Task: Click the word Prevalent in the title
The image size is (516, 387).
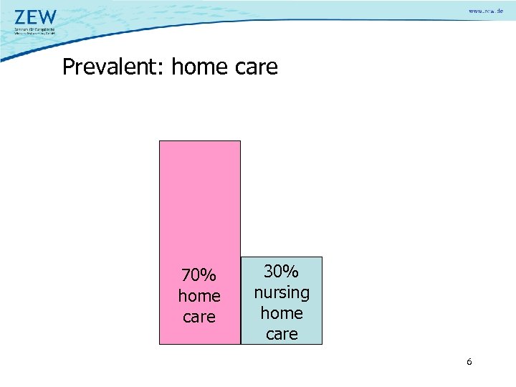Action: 113,67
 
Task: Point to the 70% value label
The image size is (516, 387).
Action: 199,275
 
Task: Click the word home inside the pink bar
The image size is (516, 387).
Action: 199,296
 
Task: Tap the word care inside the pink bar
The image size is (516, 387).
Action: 199,317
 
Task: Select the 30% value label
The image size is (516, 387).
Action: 281,272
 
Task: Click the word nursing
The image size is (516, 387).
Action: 281,292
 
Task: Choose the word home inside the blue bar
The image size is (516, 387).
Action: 281,313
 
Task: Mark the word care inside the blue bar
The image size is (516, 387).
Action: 281,334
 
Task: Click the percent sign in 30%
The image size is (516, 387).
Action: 291,272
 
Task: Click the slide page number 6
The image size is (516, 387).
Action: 469,363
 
